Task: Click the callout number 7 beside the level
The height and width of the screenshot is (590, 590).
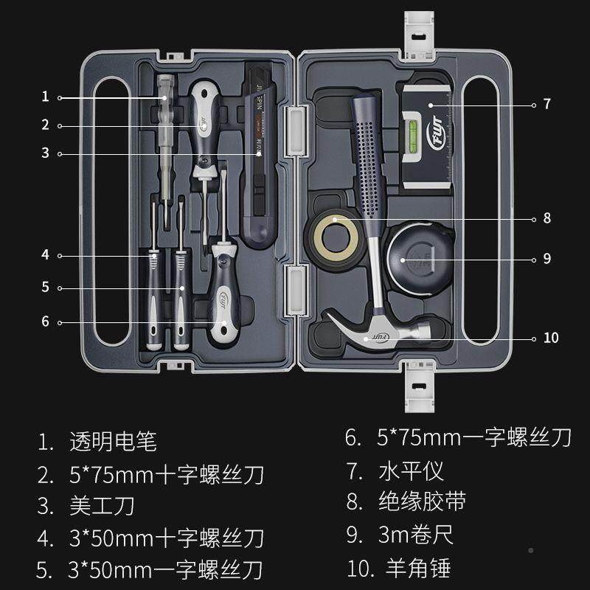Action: [x=546, y=105]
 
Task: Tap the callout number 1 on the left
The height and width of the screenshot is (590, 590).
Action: [x=45, y=97]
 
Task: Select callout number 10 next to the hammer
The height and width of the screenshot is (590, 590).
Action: [x=550, y=339]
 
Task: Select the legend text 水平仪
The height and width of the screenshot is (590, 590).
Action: [x=414, y=470]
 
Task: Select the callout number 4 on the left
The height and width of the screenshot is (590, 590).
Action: [x=45, y=254]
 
